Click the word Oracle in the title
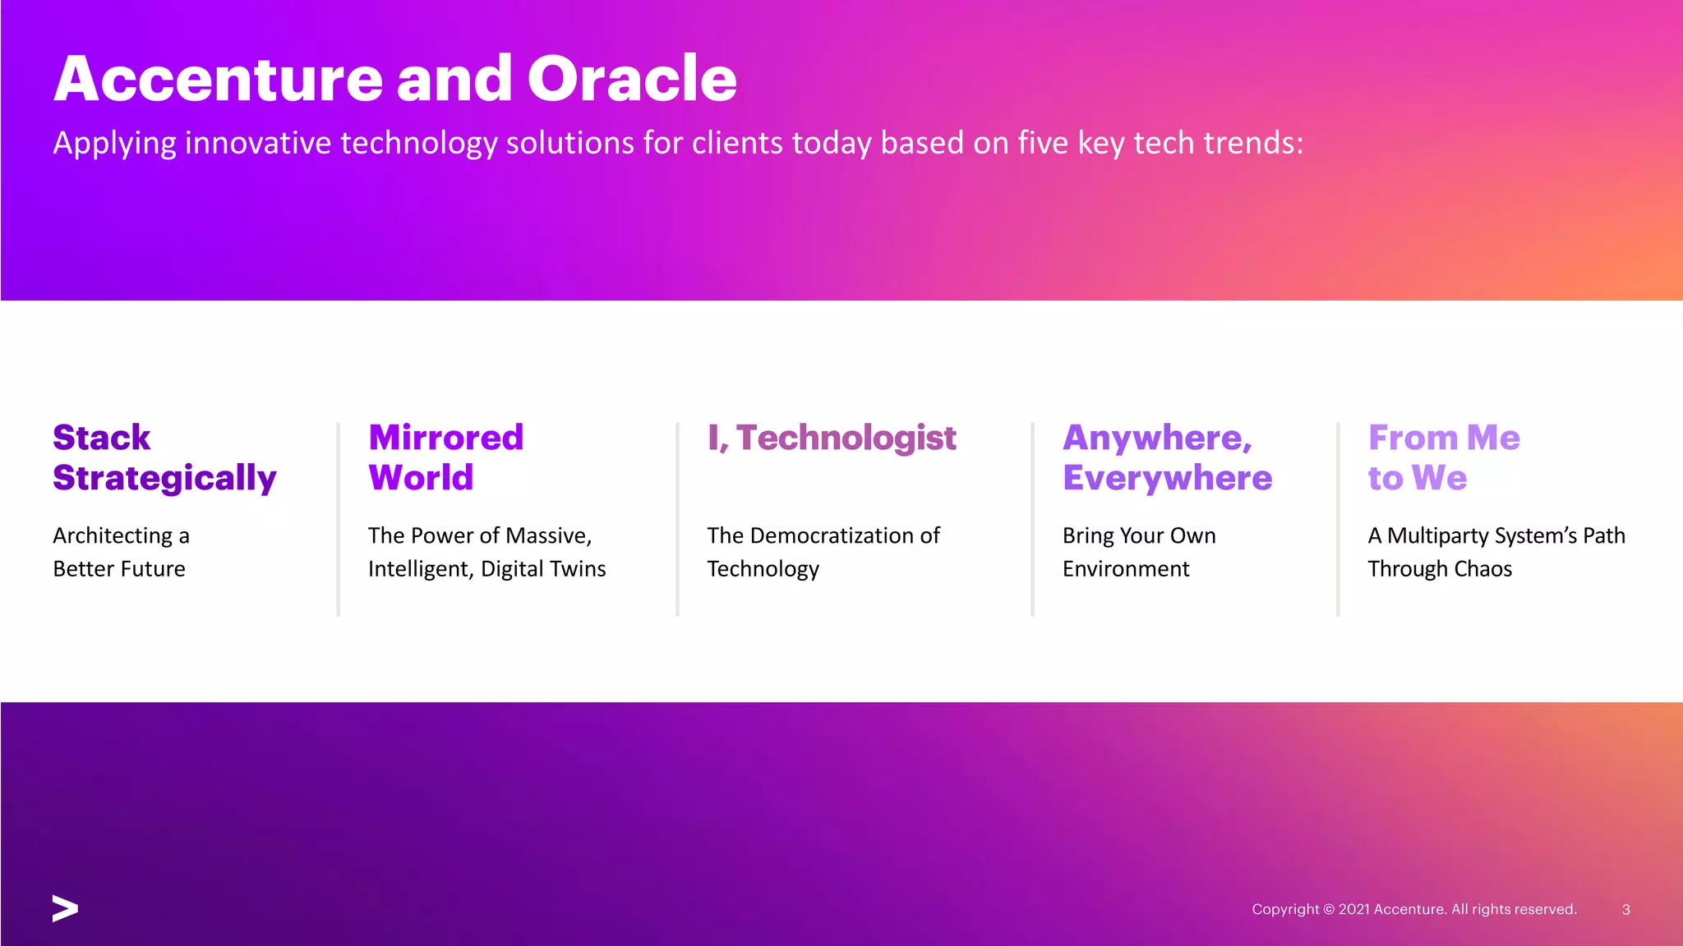pos(631,79)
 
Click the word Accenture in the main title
pos(219,79)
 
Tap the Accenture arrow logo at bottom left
pos(65,908)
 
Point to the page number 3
pos(1625,909)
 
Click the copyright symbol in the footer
pos(1328,909)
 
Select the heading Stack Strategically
pos(164,457)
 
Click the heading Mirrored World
pos(445,457)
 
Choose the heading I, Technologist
pos(832,438)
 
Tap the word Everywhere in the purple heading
pos(1167,478)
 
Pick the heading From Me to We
pos(1444,457)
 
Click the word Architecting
pos(113,535)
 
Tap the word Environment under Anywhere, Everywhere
pos(1126,568)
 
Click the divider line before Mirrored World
pos(338,519)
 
